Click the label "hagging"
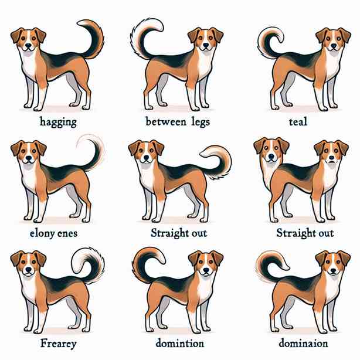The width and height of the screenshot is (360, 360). coord(58,122)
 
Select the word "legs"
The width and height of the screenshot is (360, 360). coord(201,122)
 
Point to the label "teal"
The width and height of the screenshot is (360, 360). coord(298,121)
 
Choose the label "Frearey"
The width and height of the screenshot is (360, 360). coord(58,344)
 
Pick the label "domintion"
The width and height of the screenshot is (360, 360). coord(180,344)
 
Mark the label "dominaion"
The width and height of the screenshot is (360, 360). coord(303,344)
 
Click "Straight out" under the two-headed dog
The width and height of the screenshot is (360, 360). coord(305,233)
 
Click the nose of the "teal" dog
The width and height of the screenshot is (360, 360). coord(334,46)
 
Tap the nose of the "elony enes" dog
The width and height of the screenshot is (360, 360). coord(29,158)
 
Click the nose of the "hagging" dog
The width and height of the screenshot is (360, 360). coord(29,46)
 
